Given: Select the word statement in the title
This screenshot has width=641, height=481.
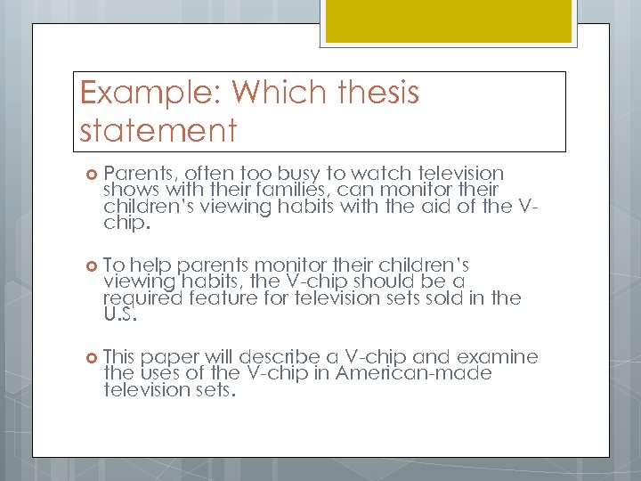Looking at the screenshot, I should [x=158, y=130].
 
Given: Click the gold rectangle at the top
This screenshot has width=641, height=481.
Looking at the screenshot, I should [x=448, y=20].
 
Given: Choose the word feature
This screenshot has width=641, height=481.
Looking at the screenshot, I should [x=219, y=298].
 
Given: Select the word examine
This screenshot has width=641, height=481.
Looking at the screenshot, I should [x=498, y=357].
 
